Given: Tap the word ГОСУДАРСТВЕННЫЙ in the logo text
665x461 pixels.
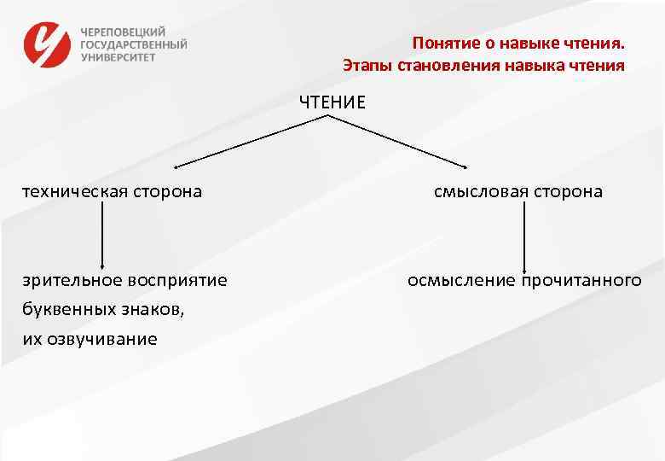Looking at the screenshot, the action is coord(134,44).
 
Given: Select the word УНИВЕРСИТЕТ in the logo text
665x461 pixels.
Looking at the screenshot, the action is coord(119,57).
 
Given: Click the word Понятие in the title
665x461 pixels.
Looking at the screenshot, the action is coord(440,43).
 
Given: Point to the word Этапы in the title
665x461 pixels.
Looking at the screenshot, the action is coord(365,65).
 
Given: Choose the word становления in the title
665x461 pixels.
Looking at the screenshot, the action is coord(447,65).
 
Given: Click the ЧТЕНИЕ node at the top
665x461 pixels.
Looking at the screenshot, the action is coord(332,102).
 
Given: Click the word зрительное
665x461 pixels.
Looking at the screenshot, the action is coord(73,280).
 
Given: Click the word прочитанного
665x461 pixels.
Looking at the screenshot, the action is coord(581,280).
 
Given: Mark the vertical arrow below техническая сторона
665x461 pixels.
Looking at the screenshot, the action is coord(103,235).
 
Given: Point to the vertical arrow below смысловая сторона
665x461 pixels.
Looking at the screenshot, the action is coord(523,235).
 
